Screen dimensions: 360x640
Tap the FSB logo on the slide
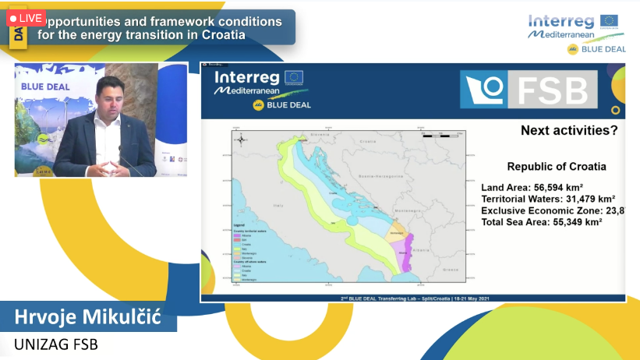tap(529, 90)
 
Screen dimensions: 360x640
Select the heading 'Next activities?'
tap(569, 131)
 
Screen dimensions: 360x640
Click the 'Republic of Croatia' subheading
tap(557, 166)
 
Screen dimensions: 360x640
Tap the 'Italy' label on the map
tap(278, 205)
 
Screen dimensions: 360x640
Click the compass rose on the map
tap(242, 139)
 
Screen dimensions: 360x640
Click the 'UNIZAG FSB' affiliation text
tap(56, 344)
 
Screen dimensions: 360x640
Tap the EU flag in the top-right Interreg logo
tap(610, 20)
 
